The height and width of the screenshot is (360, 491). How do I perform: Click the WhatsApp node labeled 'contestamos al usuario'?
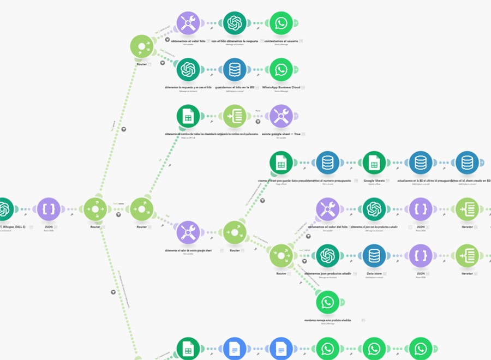click(281, 23)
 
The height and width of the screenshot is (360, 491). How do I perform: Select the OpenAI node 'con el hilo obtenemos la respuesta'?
click(235, 23)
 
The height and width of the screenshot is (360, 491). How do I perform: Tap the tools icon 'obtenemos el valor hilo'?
click(188, 23)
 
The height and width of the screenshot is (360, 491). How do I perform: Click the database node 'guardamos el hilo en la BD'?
click(235, 69)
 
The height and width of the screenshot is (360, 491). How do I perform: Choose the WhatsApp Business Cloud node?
click(281, 69)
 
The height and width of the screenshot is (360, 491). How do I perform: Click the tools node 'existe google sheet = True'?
click(281, 116)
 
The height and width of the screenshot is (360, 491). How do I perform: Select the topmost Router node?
click(142, 46)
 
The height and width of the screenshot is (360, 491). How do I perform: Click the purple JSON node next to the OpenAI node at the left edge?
click(49, 209)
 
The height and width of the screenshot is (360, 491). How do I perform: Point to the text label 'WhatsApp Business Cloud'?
click(281, 87)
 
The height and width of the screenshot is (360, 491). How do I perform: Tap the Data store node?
click(374, 255)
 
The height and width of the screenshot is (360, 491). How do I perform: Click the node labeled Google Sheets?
click(374, 163)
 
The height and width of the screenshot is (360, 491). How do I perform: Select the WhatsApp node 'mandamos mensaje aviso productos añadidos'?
click(327, 302)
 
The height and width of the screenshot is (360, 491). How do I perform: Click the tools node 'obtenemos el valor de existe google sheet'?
click(188, 232)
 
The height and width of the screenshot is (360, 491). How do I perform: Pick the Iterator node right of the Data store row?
click(467, 255)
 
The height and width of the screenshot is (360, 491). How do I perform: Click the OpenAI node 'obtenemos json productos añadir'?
click(327, 255)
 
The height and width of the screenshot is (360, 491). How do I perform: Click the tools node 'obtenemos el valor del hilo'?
click(327, 209)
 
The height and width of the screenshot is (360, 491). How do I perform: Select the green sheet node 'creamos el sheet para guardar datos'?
click(281, 163)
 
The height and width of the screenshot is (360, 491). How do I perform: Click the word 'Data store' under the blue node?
click(374, 273)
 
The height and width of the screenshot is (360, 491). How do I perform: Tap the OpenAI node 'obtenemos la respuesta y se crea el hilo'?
click(188, 69)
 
